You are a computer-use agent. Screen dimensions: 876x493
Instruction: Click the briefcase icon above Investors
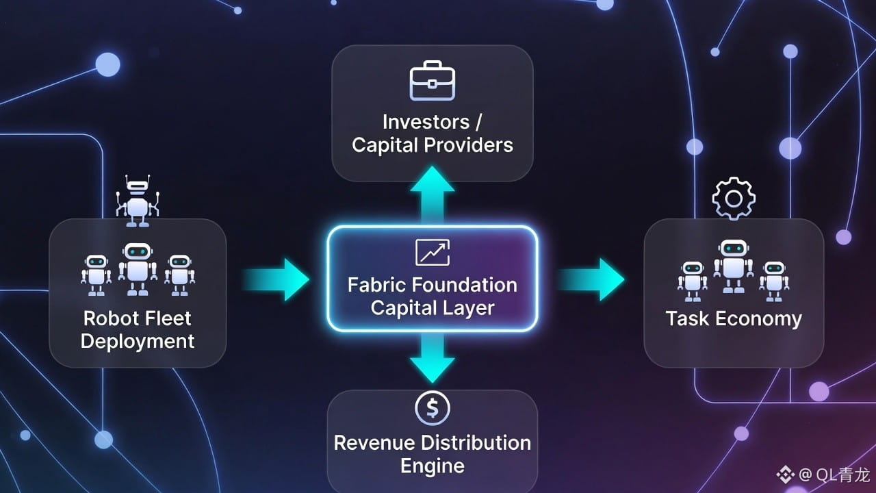432,81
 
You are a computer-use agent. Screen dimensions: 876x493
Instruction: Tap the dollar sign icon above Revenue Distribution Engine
433,409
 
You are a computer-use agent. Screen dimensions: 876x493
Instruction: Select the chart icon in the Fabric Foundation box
433,252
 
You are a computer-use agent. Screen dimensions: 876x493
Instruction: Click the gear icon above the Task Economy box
734,199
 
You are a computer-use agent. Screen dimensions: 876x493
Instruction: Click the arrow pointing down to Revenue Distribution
433,357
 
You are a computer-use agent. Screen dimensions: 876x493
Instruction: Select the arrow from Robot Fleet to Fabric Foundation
276,279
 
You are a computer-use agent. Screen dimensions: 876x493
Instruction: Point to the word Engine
433,466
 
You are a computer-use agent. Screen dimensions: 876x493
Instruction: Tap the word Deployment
138,341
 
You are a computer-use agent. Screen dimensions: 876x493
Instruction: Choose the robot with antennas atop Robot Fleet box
138,200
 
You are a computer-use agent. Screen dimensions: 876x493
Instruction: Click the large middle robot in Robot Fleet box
138,268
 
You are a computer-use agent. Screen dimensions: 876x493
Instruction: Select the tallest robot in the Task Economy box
734,266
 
